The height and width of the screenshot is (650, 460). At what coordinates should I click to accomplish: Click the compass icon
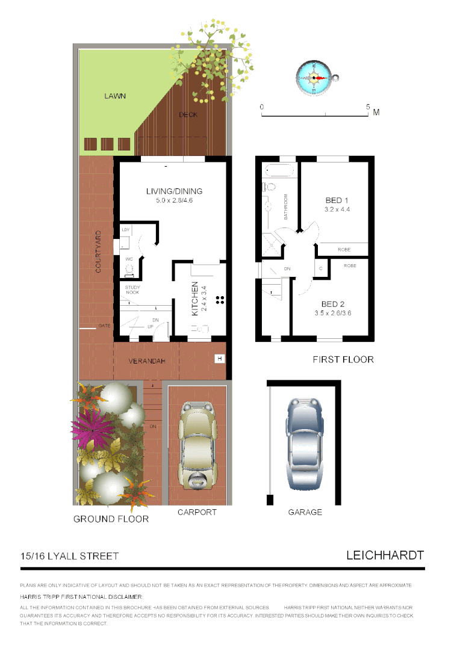coord(314,78)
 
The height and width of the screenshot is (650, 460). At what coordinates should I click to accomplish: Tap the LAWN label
coord(114,96)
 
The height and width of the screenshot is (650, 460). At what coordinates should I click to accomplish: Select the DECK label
coord(188,114)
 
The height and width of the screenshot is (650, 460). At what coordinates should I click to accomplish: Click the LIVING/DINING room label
coord(174,191)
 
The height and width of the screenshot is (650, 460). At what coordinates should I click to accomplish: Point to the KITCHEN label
coord(195,299)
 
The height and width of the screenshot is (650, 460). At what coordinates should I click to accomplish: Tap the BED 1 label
coord(337,200)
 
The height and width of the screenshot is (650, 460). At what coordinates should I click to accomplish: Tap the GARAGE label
coord(305,512)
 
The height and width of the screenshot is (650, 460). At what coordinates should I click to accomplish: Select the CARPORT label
coord(197,512)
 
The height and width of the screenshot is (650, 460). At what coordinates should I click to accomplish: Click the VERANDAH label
coord(146,361)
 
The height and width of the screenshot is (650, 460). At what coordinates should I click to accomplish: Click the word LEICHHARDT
coord(385,555)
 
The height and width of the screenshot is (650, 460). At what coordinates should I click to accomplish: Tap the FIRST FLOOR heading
coord(343,359)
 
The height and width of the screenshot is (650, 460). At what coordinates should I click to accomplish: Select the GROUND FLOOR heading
coord(111,518)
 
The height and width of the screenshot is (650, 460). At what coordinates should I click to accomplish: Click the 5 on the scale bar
coord(368,107)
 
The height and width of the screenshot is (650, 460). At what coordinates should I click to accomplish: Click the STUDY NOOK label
coord(132,290)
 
